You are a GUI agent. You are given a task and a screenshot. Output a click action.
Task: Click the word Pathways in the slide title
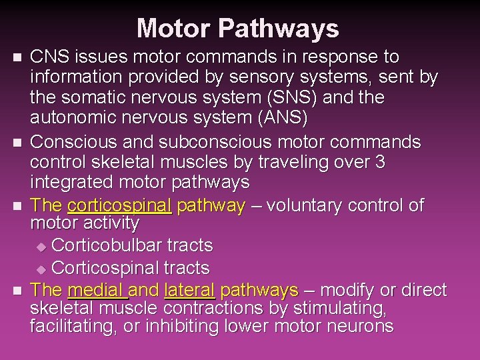tap(279, 29)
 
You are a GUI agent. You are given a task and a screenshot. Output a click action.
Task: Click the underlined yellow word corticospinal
tap(120, 205)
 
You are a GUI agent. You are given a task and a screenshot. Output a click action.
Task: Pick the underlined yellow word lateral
tap(189, 290)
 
